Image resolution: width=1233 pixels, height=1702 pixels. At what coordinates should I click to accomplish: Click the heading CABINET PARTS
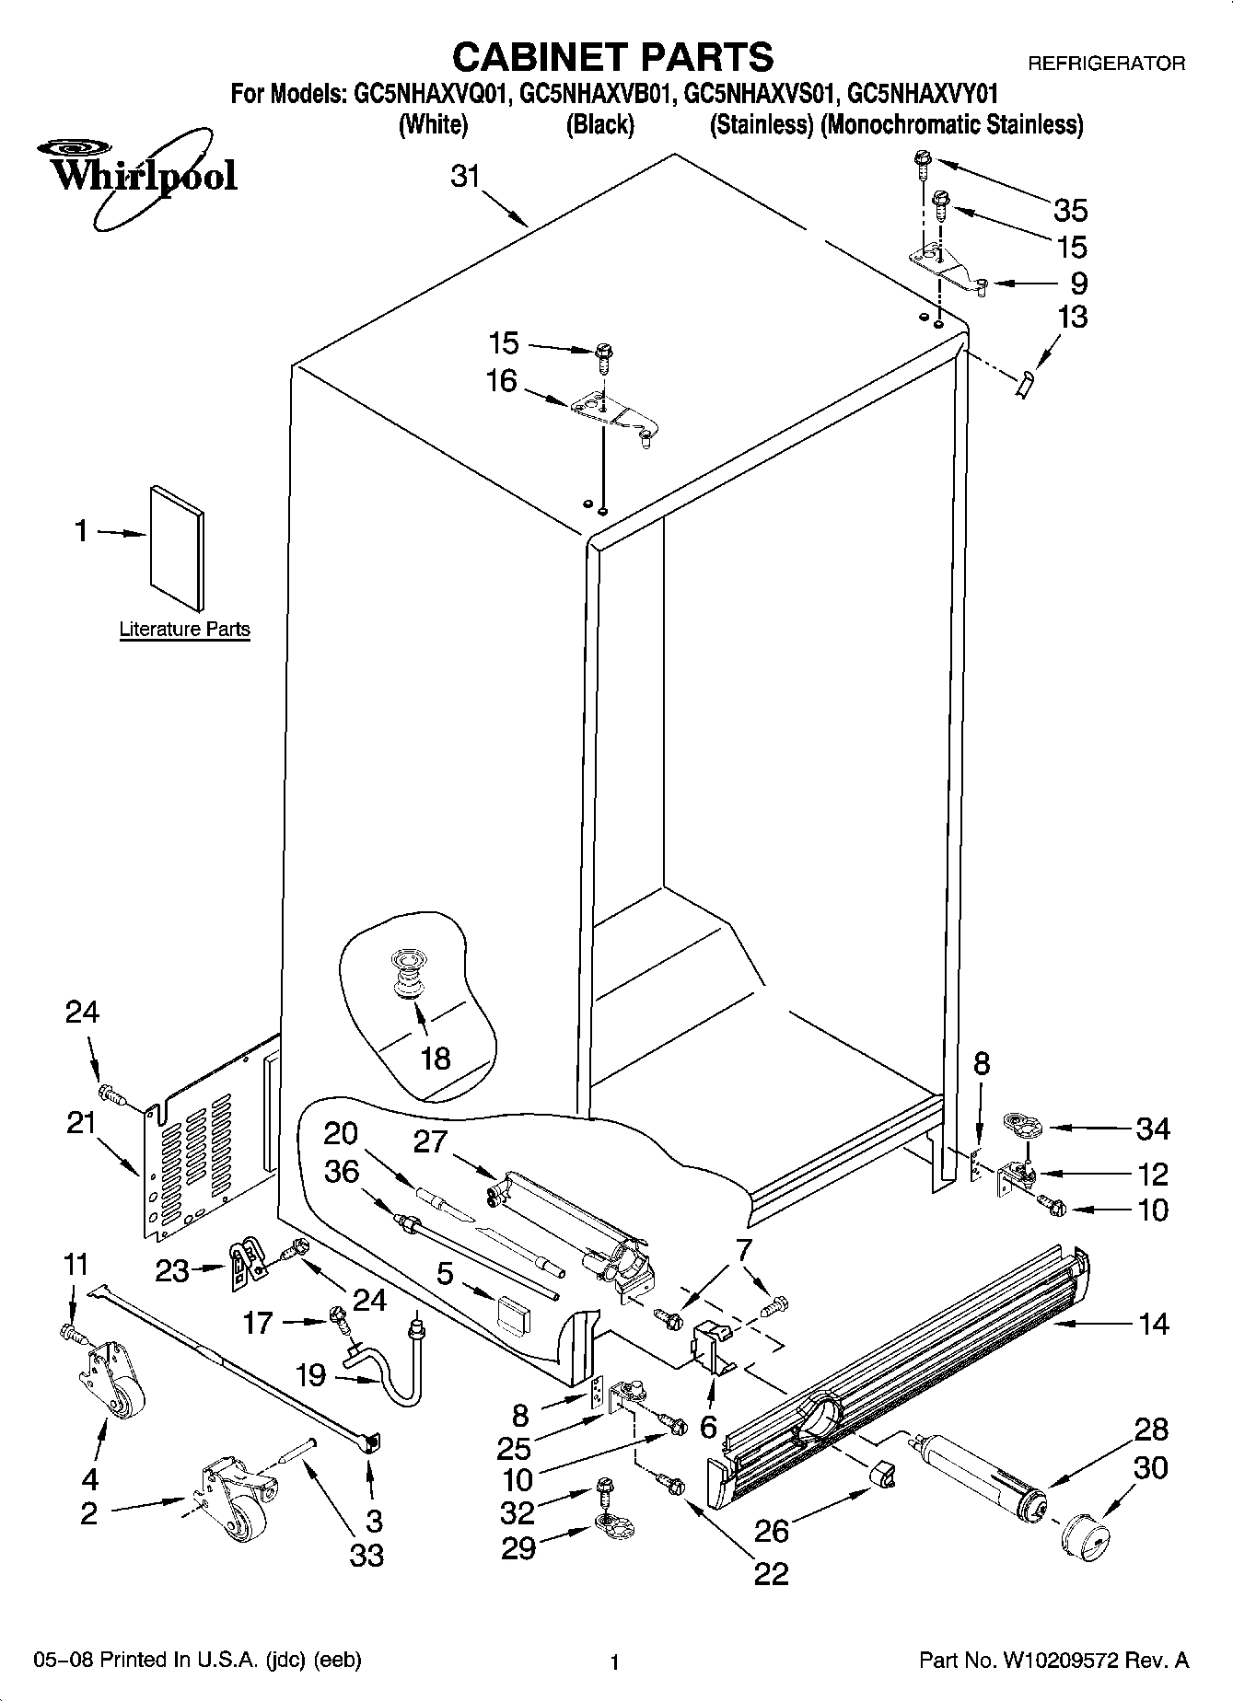(612, 57)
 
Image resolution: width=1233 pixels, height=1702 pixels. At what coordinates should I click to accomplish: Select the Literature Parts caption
(184, 630)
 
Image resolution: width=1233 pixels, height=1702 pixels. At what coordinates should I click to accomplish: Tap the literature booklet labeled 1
(177, 548)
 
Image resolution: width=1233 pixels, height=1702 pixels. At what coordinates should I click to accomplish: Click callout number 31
(466, 176)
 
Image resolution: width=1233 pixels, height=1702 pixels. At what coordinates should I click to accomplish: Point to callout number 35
(1071, 211)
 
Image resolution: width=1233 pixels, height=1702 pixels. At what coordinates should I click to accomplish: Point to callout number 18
(435, 1059)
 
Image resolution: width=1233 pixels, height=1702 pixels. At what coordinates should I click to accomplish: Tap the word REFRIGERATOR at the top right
(1106, 64)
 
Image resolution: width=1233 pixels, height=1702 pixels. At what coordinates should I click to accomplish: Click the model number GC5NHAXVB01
(599, 94)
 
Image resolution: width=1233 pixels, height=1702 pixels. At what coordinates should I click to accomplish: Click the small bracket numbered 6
(711, 1346)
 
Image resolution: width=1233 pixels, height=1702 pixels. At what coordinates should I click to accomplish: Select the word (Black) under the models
(599, 124)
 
